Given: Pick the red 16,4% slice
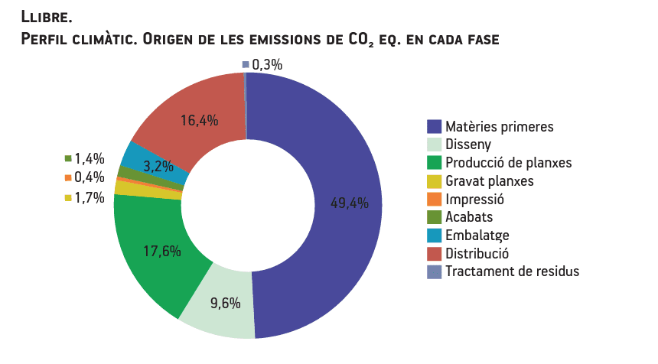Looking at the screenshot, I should point(200,119).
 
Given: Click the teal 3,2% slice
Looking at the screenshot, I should point(145,162).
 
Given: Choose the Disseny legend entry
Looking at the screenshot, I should point(468,145).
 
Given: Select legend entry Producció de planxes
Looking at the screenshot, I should point(508,163).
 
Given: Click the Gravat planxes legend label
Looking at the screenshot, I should point(489,181).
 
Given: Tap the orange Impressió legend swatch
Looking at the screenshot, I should point(434,199).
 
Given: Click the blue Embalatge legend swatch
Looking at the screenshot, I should point(434,235).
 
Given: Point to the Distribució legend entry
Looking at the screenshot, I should point(477,253).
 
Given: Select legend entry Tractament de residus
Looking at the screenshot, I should point(512,271).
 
